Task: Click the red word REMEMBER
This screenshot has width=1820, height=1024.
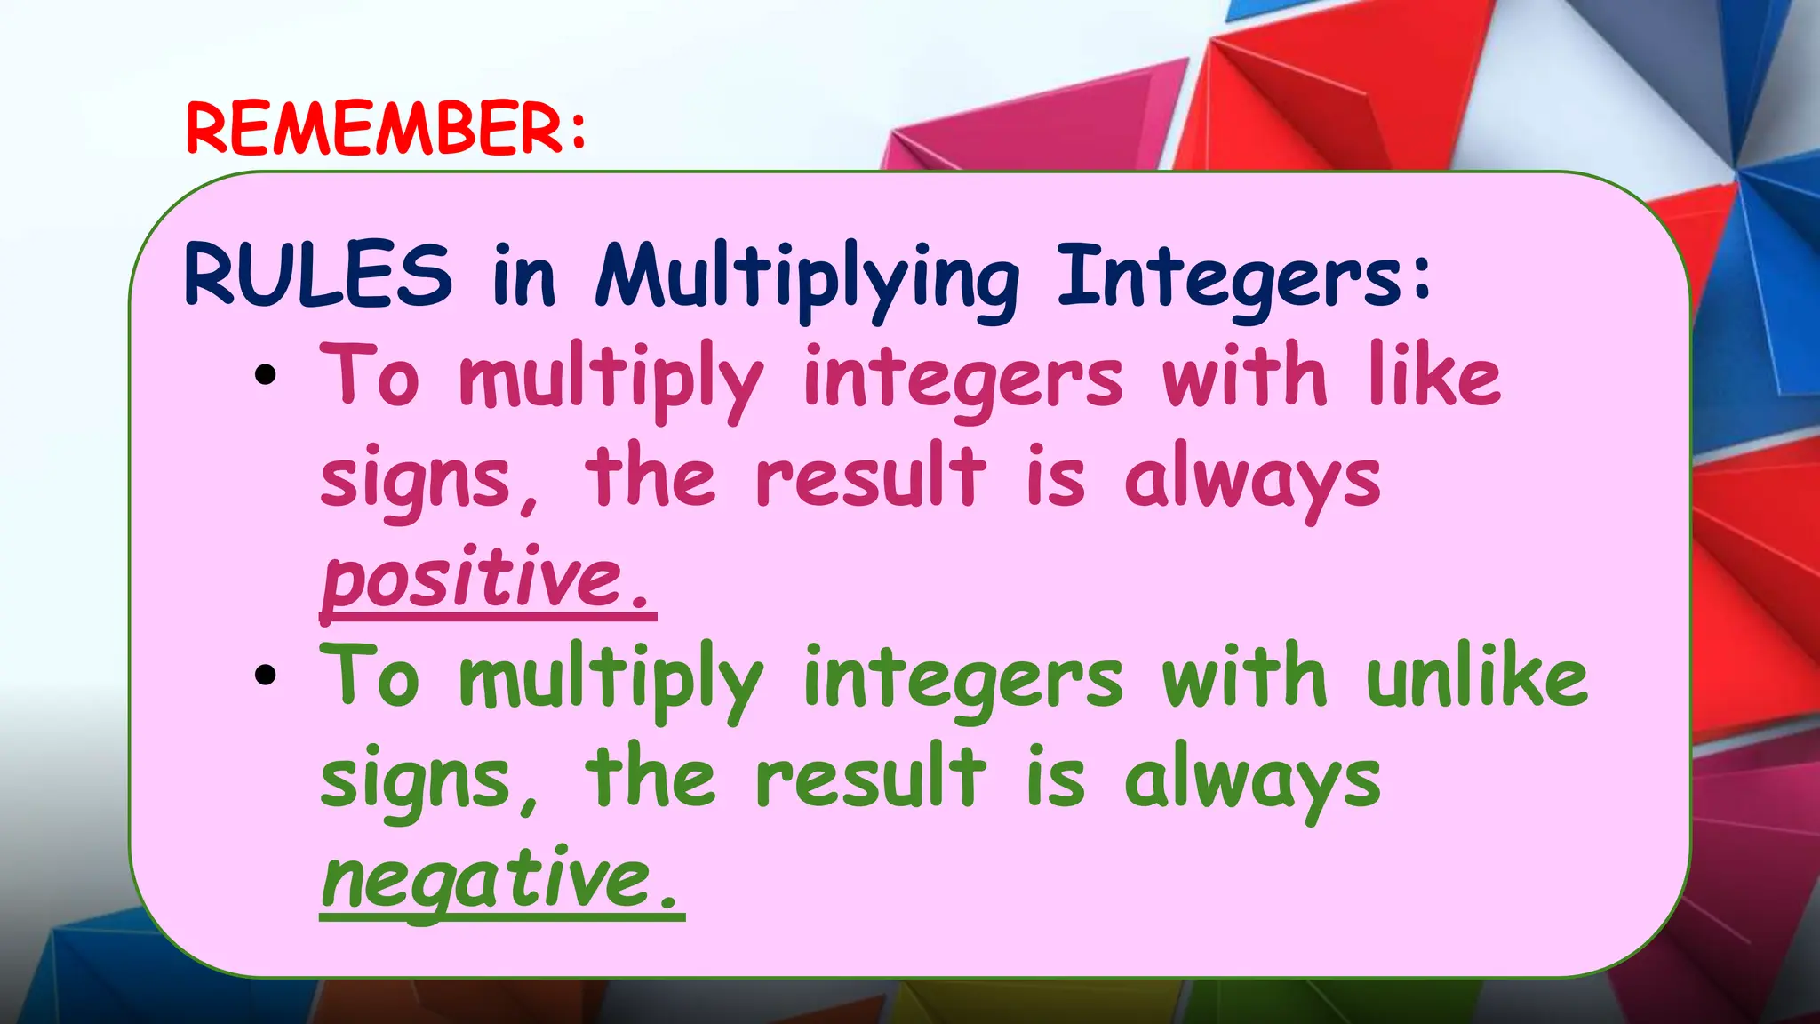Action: click(373, 130)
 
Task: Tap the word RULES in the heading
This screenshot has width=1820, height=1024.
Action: click(317, 275)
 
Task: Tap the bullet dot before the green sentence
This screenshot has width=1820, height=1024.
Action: click(265, 676)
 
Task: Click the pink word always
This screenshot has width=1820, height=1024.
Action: click(1252, 480)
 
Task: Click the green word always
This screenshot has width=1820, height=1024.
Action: click(1252, 780)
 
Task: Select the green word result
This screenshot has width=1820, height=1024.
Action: click(870, 779)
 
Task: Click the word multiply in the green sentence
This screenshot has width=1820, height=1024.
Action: click(611, 681)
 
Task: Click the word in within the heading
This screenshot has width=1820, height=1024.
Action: click(523, 276)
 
